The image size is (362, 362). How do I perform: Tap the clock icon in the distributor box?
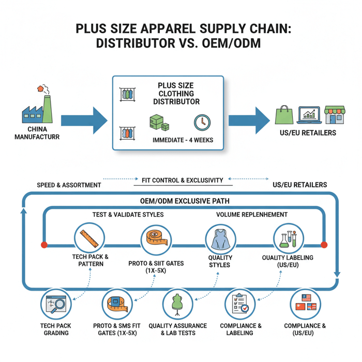[x=202, y=123]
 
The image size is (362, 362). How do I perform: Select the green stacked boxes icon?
[x=159, y=123]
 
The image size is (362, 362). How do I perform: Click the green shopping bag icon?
[x=284, y=115]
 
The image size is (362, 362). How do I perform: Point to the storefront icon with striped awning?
[x=335, y=115]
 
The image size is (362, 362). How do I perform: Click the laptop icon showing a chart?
[x=310, y=115]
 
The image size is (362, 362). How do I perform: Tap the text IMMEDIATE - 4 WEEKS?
[x=183, y=140]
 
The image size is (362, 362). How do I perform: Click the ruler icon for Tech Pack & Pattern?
[x=89, y=238]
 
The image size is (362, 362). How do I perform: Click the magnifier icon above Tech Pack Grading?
[x=56, y=305]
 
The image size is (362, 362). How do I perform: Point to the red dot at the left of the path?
[x=44, y=244]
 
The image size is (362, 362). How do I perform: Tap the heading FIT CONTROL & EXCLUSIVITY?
[x=182, y=180]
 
